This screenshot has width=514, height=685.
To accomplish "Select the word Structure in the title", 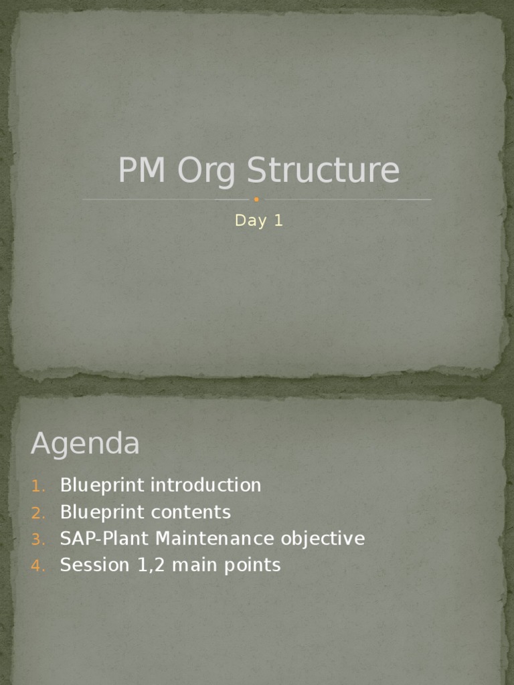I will (x=323, y=171).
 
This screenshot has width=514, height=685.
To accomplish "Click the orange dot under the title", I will (x=256, y=199).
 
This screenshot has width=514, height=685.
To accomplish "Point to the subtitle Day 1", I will (x=259, y=221).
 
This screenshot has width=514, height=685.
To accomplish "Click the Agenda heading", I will (x=85, y=444).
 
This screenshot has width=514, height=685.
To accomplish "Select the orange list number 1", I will (x=37, y=486).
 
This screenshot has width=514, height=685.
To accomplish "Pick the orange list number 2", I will (x=37, y=513).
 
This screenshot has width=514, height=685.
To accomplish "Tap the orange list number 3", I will (x=37, y=540).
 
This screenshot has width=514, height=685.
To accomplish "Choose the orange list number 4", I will (x=37, y=566).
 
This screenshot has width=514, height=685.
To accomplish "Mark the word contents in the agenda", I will (x=191, y=512).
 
